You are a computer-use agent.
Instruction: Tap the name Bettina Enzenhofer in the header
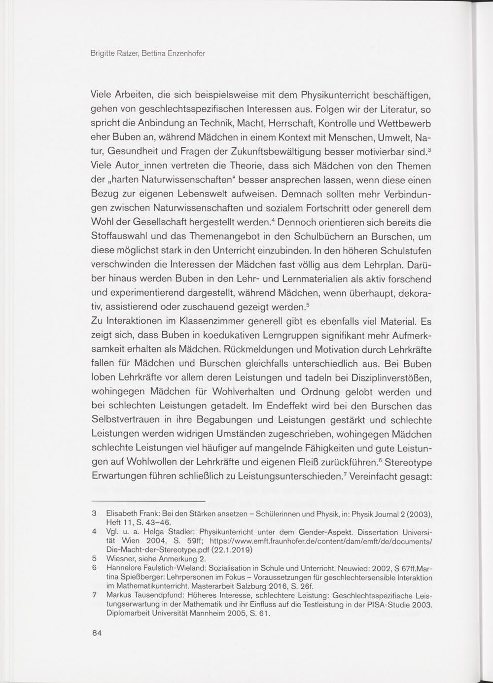[173, 53]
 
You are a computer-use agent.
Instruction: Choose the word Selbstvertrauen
[128, 421]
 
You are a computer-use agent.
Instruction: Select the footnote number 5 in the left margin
[94, 559]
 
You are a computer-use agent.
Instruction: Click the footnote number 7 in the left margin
[94, 595]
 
